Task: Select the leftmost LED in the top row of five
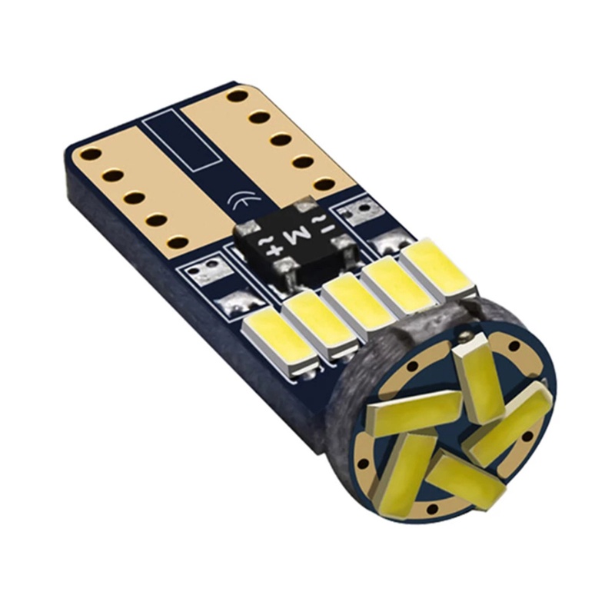tap(275, 337)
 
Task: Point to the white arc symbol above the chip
tap(239, 202)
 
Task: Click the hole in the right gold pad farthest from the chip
tap(238, 96)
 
